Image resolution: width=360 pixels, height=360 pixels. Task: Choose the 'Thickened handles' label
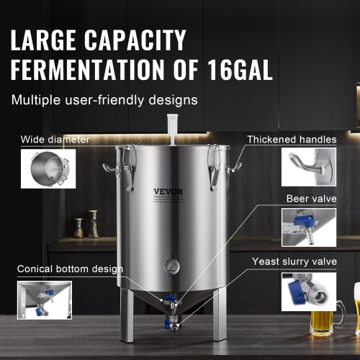(292, 139)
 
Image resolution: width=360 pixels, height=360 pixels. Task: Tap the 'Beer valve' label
(311, 197)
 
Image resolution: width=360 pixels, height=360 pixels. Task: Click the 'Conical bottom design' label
(69, 269)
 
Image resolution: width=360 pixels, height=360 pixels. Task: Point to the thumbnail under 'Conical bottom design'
(45, 300)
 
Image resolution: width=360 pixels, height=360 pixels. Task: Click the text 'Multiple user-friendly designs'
(104, 99)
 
